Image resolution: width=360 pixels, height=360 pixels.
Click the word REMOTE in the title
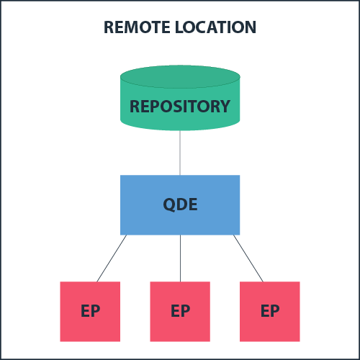(x=138, y=27)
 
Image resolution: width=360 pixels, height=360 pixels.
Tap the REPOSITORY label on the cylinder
(x=180, y=107)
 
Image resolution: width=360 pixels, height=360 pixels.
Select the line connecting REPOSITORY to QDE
(x=180, y=153)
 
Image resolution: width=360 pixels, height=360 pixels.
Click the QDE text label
(x=180, y=204)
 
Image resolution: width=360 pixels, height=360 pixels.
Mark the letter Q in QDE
(x=168, y=204)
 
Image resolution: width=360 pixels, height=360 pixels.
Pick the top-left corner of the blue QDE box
(x=121, y=176)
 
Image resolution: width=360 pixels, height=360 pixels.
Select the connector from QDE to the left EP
(x=112, y=258)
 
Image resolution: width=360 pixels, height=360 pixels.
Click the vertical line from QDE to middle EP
(x=180, y=258)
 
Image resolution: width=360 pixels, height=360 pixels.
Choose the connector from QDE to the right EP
(x=248, y=258)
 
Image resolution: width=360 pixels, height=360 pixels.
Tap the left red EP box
(x=90, y=311)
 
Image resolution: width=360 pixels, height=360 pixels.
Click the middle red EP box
(x=180, y=311)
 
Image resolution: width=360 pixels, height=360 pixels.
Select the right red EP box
(x=270, y=311)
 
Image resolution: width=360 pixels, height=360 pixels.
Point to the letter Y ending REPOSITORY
(x=225, y=107)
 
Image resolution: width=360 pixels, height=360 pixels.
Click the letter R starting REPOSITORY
(x=135, y=107)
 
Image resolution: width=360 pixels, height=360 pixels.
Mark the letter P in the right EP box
(x=274, y=311)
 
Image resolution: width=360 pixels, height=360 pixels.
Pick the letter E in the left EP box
(x=85, y=311)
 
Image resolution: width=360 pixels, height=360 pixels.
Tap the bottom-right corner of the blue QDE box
(x=239, y=234)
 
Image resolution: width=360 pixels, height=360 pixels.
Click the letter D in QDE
(x=181, y=204)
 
